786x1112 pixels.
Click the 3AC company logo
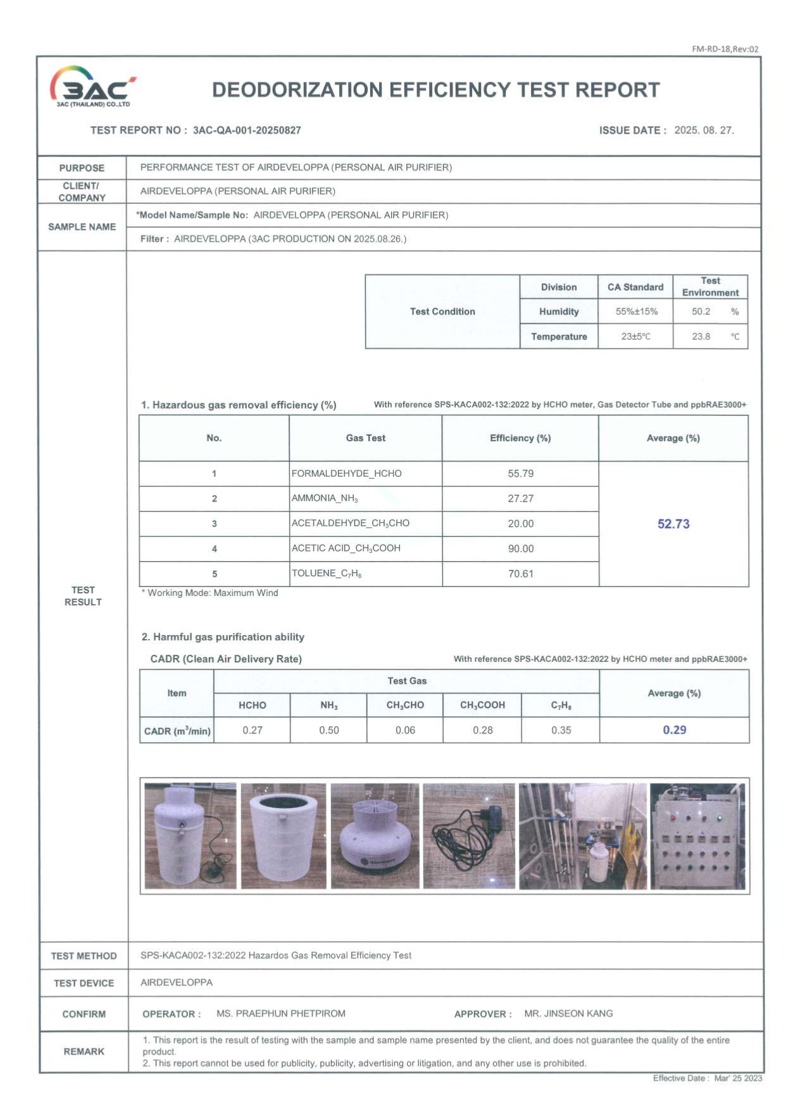(92, 87)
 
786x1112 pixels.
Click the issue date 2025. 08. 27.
(704, 130)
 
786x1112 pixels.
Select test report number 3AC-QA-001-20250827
(247, 130)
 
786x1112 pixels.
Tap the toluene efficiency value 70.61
(520, 574)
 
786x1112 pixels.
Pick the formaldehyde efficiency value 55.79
(520, 474)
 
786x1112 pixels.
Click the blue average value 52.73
(673, 524)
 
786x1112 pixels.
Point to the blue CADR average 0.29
(675, 730)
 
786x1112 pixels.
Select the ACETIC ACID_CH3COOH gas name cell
(346, 548)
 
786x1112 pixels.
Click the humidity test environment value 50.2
(701, 312)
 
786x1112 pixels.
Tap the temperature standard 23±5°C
(635, 336)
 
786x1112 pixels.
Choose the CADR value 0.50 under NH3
(329, 730)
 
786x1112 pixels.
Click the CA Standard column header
(635, 287)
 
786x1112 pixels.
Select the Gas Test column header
(365, 438)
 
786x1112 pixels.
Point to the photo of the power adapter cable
(469, 836)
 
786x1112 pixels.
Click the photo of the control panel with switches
(697, 836)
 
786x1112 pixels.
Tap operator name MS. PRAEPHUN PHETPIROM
(281, 1014)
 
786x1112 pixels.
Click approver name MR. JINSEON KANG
(568, 1014)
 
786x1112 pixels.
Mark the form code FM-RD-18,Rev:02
(725, 49)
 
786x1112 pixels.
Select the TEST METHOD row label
(84, 956)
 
